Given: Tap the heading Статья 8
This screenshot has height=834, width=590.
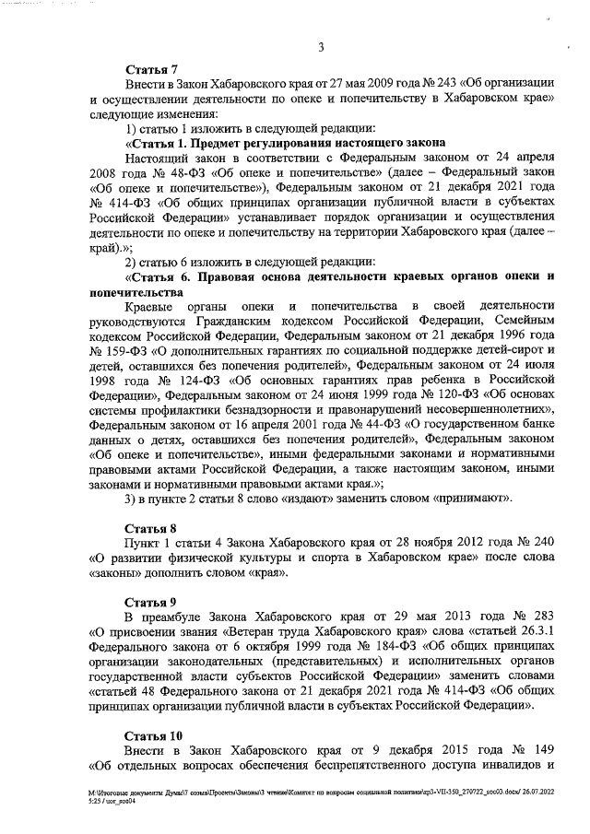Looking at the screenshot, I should pos(151,528).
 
